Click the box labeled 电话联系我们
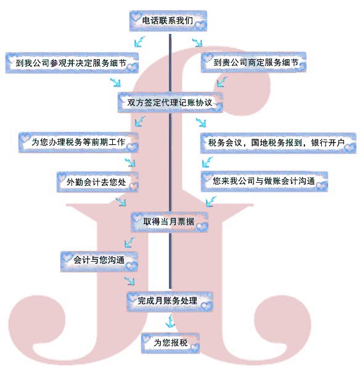[168, 21]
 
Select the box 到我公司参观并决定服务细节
[72, 63]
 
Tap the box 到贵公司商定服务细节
[253, 62]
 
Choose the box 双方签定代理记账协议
[170, 102]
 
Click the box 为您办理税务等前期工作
[78, 143]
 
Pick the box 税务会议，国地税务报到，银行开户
[278, 143]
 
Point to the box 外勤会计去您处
[97, 182]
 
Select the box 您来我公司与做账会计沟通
[264, 181]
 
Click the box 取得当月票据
[170, 222]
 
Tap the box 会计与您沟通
[99, 262]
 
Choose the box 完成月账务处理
[170, 301]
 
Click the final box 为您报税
[170, 343]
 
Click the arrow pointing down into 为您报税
[170, 321]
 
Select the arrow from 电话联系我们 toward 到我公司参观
[139, 41]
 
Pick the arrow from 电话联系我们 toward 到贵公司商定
[197, 42]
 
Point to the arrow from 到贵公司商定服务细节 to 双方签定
[222, 81]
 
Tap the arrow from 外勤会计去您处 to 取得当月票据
[121, 202]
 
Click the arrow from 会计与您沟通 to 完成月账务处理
[129, 281]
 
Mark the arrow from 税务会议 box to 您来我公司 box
[207, 162]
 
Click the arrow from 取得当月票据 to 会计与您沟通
[129, 242]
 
